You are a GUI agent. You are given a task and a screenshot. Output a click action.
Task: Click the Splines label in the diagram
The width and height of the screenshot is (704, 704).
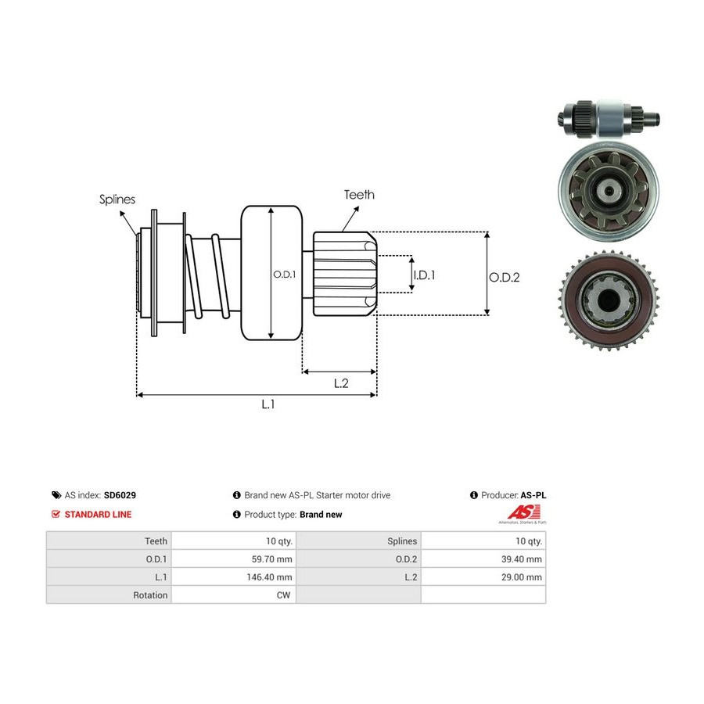pyautogui.click(x=117, y=199)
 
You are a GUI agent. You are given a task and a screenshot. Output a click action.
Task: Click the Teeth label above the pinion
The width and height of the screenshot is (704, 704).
pyautogui.click(x=359, y=195)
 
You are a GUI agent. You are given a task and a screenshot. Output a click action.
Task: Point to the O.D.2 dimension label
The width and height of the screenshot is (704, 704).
pyautogui.click(x=505, y=277)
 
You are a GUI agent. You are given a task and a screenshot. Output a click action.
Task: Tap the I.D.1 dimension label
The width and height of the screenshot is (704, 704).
pyautogui.click(x=424, y=275)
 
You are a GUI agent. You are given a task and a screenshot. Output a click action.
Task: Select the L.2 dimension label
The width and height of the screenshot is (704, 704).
pyautogui.click(x=341, y=383)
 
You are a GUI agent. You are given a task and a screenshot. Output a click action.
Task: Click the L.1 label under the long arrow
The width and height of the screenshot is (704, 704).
pyautogui.click(x=268, y=404)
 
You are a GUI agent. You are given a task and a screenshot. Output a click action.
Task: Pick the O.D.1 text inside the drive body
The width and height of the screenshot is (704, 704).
pyautogui.click(x=285, y=274)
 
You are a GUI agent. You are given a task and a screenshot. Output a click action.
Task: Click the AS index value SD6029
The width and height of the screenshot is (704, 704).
pyautogui.click(x=120, y=495)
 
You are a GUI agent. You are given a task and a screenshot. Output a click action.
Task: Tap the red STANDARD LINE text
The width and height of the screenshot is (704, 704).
pyautogui.click(x=98, y=515)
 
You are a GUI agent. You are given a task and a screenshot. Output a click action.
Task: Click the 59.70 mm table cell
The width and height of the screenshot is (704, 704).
pyautogui.click(x=271, y=559)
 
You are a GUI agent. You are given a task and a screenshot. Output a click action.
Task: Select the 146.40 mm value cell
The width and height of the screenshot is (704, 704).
pyautogui.click(x=269, y=577)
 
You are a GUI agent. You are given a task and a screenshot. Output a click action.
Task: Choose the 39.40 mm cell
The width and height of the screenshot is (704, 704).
pyautogui.click(x=522, y=559)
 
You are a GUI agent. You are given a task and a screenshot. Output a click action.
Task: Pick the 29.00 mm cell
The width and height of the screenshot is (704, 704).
pyautogui.click(x=522, y=577)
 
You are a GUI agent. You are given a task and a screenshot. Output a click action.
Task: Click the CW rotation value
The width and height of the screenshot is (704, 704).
pyautogui.click(x=283, y=595)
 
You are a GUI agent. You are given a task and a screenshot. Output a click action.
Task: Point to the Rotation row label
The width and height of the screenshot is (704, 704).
pyautogui.click(x=150, y=595)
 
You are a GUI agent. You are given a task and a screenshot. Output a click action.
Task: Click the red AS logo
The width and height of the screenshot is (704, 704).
pyautogui.click(x=523, y=512)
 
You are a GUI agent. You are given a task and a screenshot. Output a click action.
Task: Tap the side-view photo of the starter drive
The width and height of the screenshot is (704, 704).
pyautogui.click(x=609, y=119)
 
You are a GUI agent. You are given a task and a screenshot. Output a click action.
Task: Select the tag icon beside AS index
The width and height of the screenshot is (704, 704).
pyautogui.click(x=56, y=495)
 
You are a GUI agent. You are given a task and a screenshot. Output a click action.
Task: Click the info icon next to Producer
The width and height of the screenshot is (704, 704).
pyautogui.click(x=474, y=495)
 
